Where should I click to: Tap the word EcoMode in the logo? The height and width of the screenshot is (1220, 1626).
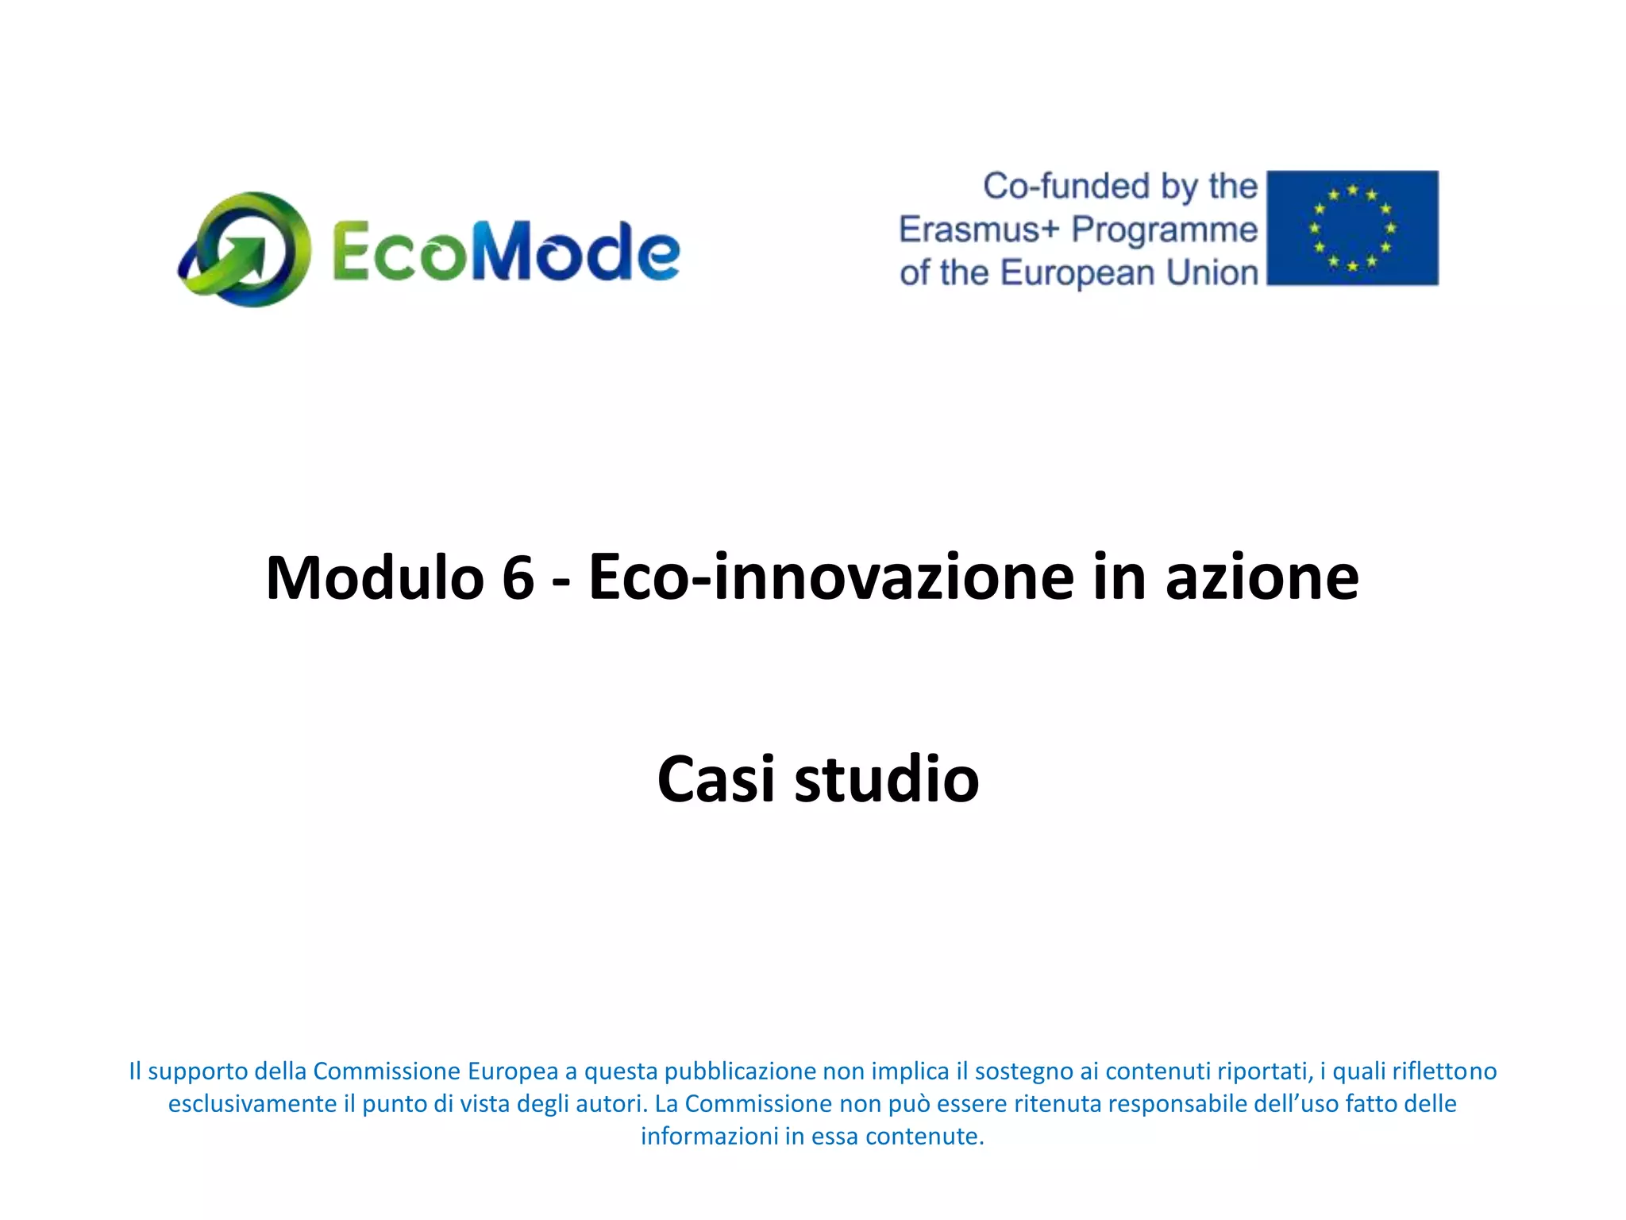point(505,251)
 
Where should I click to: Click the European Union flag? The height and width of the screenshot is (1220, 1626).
point(1352,228)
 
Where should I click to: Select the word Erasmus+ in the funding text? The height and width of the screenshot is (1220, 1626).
point(978,230)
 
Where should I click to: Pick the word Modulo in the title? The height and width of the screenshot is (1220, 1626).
point(375,577)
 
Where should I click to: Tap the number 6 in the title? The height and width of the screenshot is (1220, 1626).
point(518,577)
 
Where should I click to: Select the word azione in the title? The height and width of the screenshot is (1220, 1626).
point(1262,577)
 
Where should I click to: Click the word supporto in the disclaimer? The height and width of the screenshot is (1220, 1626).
point(198,1071)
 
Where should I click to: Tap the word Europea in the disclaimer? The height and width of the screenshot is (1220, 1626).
point(513,1071)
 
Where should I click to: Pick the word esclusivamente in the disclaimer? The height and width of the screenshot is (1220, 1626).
point(252,1104)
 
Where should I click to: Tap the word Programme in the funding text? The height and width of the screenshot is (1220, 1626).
point(1165,230)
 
